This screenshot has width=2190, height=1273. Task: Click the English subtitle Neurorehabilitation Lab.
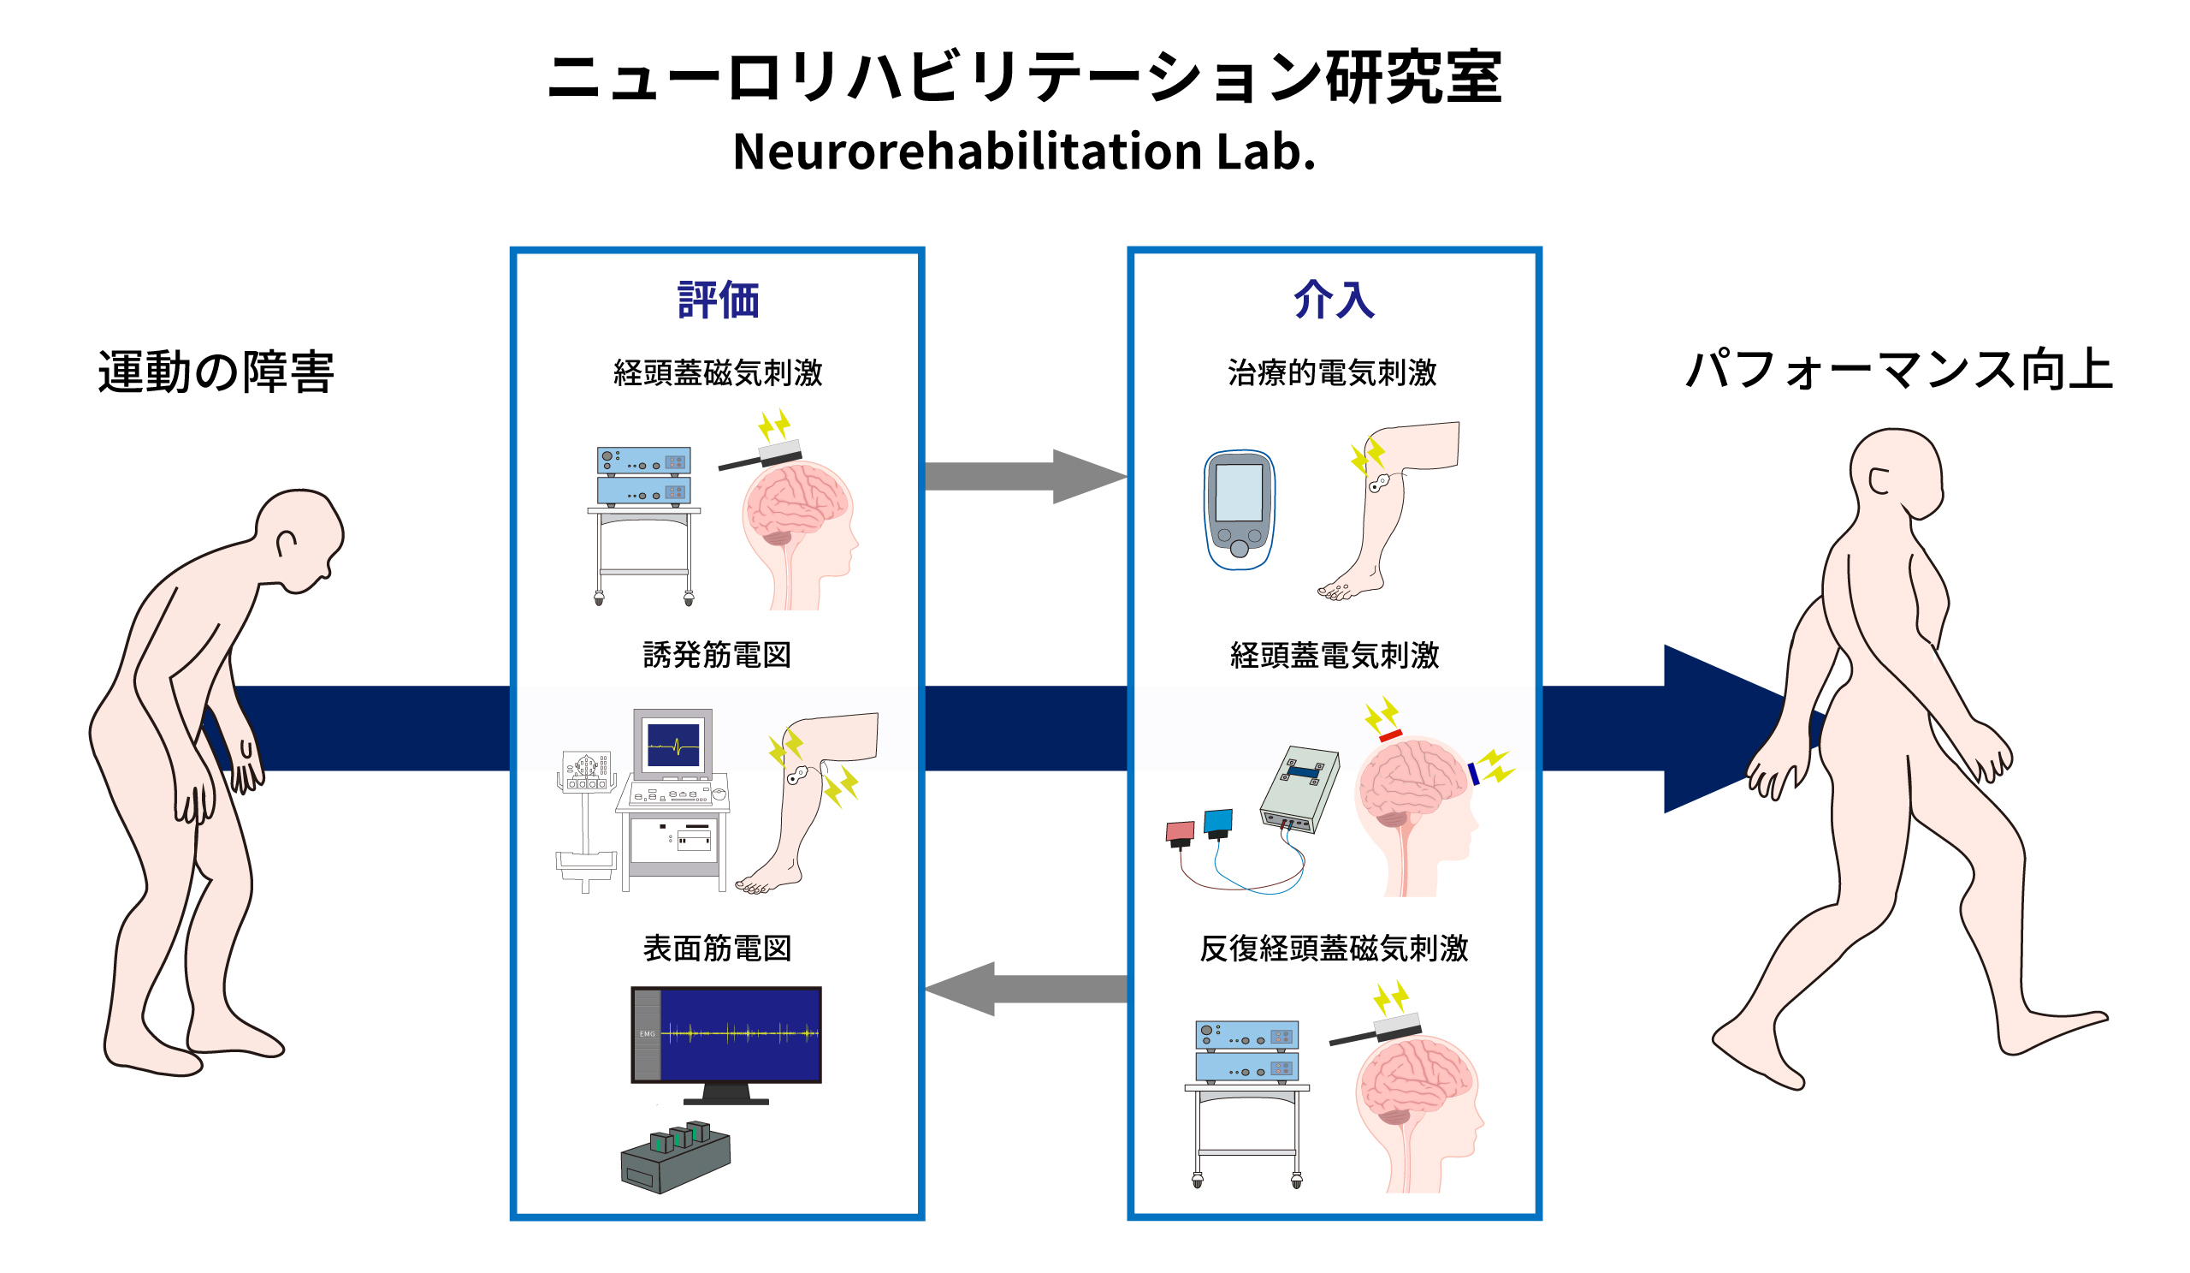pyautogui.click(x=1024, y=152)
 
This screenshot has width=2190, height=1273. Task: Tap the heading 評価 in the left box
pyautogui.click(x=718, y=300)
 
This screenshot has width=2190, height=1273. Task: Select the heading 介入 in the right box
pyautogui.click(x=1334, y=300)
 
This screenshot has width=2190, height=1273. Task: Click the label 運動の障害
pyautogui.click(x=216, y=372)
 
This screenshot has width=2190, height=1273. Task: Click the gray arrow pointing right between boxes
pyautogui.click(x=1027, y=477)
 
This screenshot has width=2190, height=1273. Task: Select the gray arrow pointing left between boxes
pyautogui.click(x=1027, y=989)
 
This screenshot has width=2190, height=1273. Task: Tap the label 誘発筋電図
pyautogui.click(x=718, y=656)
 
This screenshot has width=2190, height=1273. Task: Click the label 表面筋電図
pyautogui.click(x=718, y=949)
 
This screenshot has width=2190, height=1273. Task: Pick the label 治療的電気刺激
pyautogui.click(x=1332, y=373)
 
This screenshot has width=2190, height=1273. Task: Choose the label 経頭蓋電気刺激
pyautogui.click(x=1335, y=656)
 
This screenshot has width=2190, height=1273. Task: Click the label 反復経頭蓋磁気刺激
pyautogui.click(x=1334, y=949)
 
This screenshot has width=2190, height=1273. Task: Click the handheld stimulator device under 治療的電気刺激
pyautogui.click(x=1240, y=510)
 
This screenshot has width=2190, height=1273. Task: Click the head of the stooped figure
pyautogui.click(x=299, y=539)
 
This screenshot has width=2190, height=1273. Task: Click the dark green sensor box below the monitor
pyautogui.click(x=675, y=1157)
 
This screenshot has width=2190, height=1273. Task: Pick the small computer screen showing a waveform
pyautogui.click(x=673, y=745)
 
